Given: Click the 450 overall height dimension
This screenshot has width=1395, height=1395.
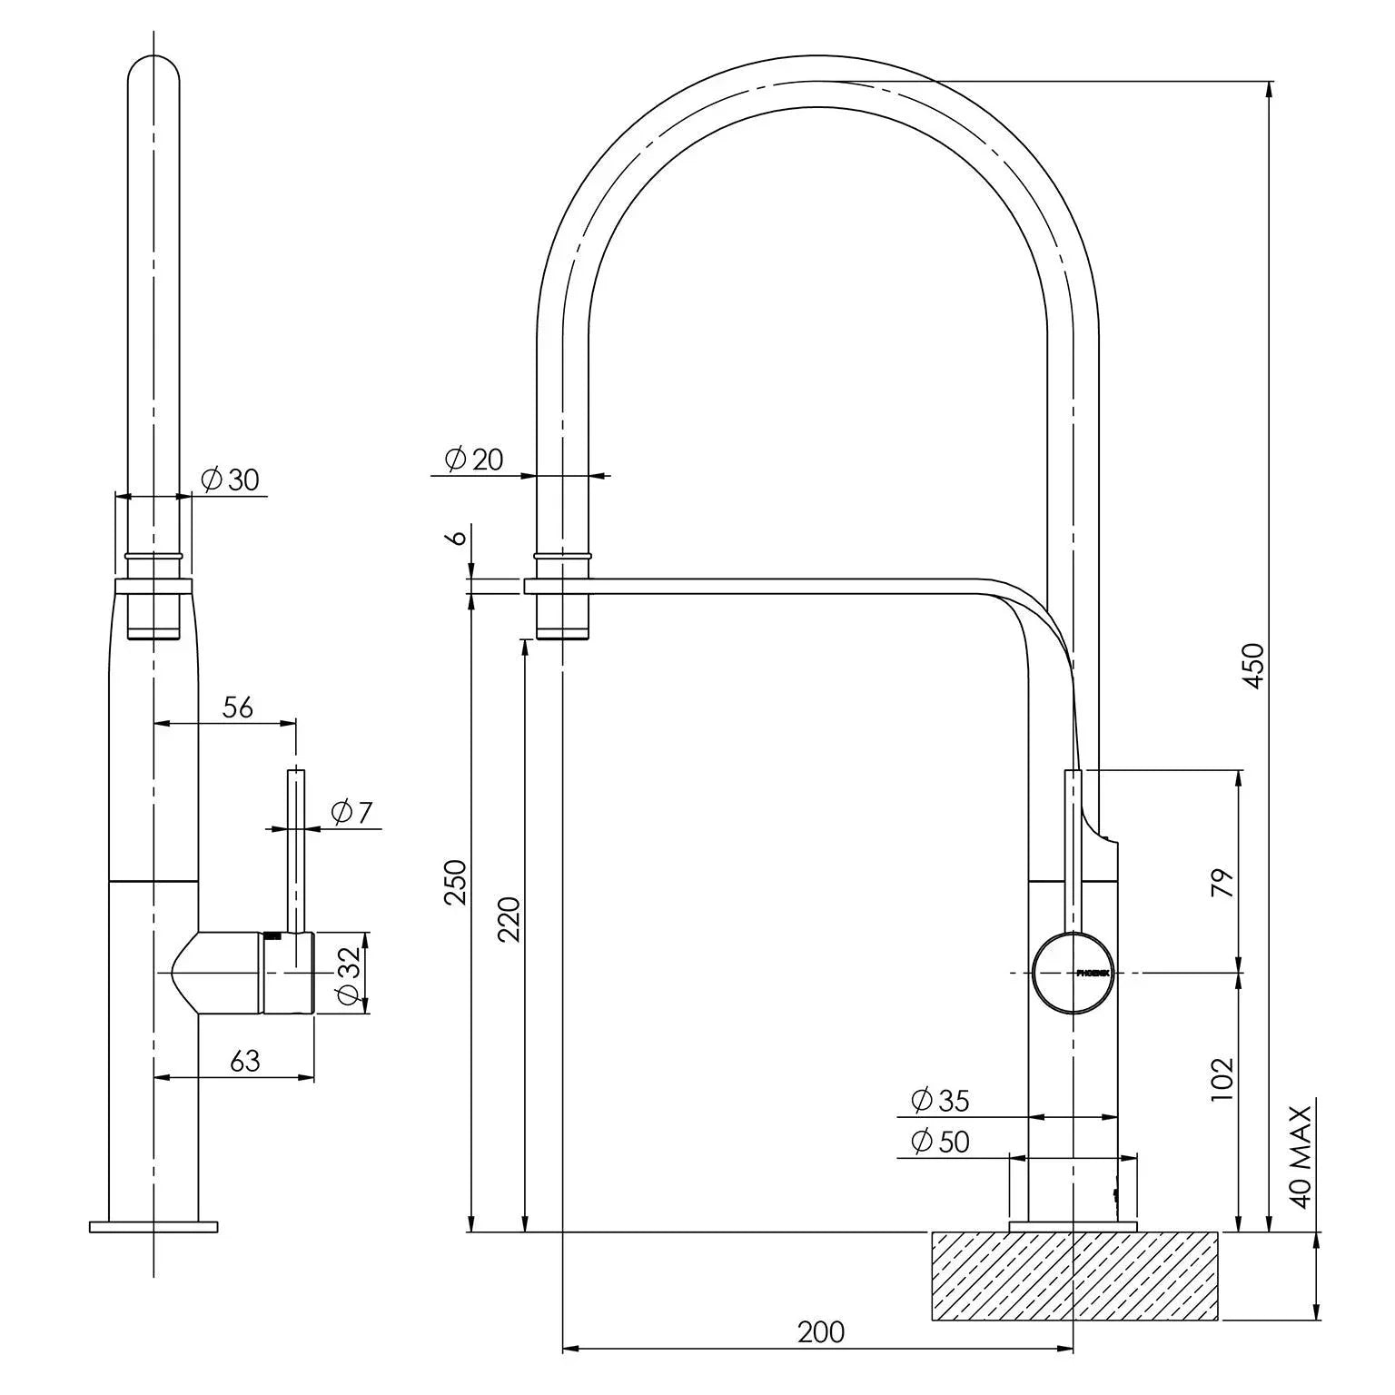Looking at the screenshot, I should click(1252, 666).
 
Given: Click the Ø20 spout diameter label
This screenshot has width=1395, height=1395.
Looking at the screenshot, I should click(474, 460).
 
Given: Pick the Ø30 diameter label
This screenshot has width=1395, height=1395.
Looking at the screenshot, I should click(231, 480).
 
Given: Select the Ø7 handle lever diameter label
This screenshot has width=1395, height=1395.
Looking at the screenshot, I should click(351, 812).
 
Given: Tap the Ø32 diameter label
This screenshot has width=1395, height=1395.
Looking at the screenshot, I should click(348, 973).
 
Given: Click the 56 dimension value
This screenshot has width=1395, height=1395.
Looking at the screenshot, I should click(237, 707).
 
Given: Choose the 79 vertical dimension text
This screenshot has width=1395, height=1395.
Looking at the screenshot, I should click(1223, 883).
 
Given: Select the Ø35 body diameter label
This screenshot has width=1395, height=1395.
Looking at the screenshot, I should click(939, 1101).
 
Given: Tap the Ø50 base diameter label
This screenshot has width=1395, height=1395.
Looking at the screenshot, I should click(939, 1142).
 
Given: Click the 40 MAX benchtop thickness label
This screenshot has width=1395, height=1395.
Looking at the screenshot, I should click(1301, 1157).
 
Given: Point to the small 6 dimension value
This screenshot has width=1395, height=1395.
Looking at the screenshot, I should click(459, 537).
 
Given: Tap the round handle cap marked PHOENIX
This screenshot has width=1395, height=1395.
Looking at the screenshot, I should click(1073, 973).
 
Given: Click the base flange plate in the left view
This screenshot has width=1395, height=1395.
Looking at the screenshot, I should click(153, 1227).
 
